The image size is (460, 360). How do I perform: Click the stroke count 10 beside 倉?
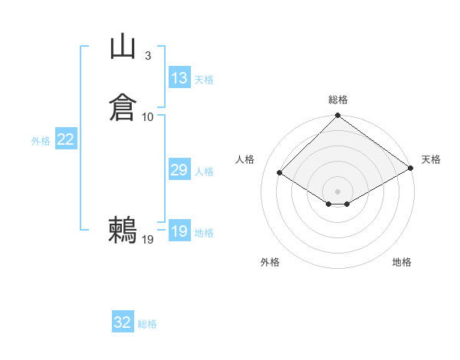tap(148, 116)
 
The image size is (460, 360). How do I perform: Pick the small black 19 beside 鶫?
tap(148, 240)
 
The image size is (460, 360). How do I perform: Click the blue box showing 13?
tap(179, 78)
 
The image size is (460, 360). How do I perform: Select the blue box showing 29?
tap(179, 170)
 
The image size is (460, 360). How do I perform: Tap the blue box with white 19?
tap(179, 231)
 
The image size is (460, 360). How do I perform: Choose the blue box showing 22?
tap(66, 139)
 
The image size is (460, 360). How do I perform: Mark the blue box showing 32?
tap(123, 322)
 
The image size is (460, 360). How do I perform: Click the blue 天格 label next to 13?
tap(204, 80)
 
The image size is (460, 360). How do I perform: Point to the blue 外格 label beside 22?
tap(41, 141)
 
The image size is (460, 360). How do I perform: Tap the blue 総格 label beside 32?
tap(147, 324)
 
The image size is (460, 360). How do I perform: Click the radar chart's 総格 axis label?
tap(338, 100)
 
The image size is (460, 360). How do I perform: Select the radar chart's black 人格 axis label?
tap(245, 159)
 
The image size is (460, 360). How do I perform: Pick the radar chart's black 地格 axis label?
tap(402, 262)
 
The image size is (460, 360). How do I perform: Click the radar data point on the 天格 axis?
tap(411, 169)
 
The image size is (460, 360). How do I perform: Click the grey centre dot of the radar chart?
tap(338, 191)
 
